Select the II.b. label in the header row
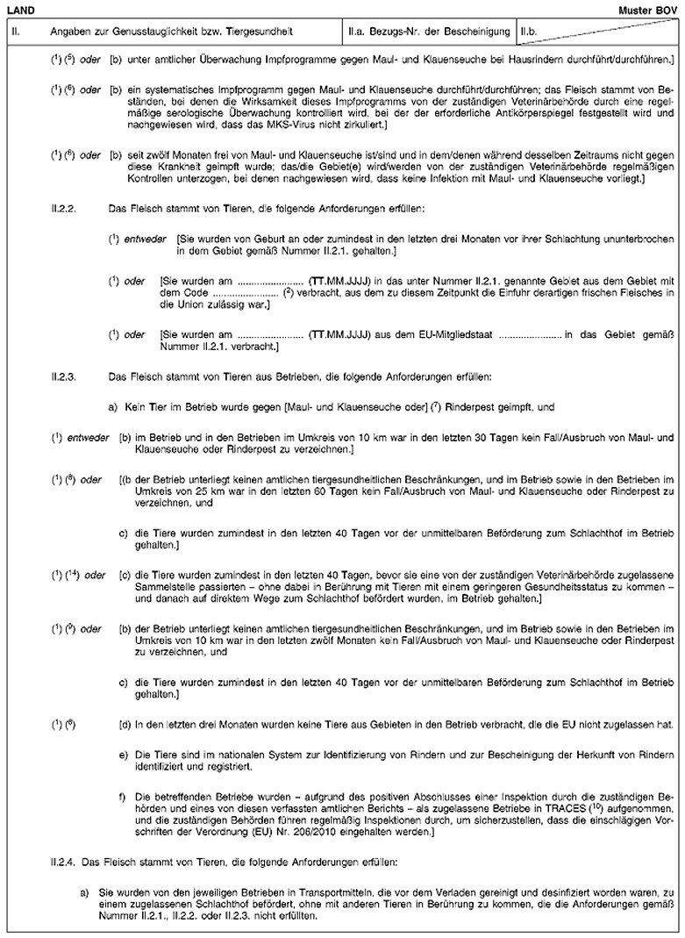pyautogui.click(x=528, y=32)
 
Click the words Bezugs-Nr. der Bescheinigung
pyautogui.click(x=444, y=32)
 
